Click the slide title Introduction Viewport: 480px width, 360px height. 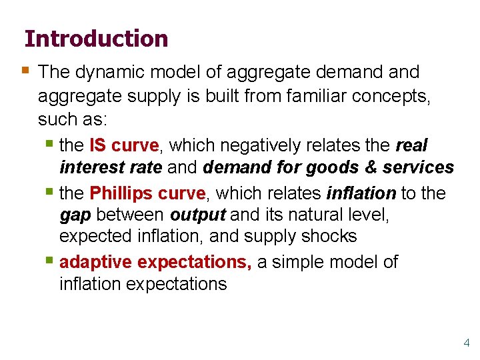pyautogui.click(x=96, y=39)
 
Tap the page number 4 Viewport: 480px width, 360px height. pyautogui.click(x=467, y=343)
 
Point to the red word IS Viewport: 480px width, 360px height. pyautogui.click(x=98, y=145)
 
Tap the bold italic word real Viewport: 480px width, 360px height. pyautogui.click(x=411, y=145)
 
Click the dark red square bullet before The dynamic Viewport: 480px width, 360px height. pyautogui.click(x=25, y=70)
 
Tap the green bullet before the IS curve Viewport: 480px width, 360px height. pyautogui.click(x=51, y=143)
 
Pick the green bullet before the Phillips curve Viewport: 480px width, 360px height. pyautogui.click(x=51, y=191)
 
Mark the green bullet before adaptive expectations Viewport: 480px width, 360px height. pyautogui.click(x=51, y=261)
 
